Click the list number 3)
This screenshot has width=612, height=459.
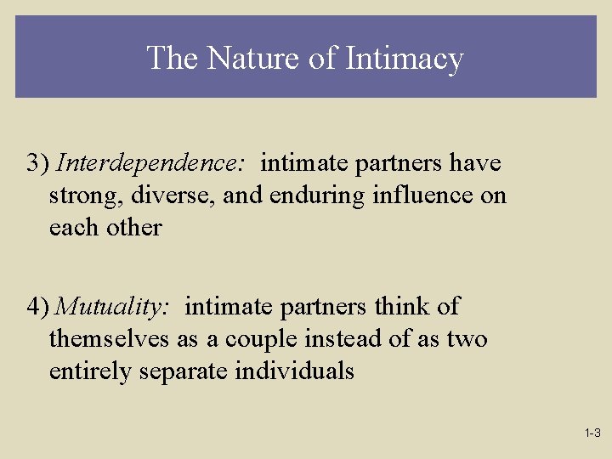tap(38, 161)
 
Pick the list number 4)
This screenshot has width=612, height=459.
tap(38, 306)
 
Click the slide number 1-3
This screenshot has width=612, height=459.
tap(592, 433)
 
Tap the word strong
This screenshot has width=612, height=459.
tap(82, 195)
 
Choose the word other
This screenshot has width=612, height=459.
tap(135, 227)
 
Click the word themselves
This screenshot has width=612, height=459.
tap(110, 338)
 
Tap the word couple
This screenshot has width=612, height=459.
tap(259, 339)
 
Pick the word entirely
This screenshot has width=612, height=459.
tap(89, 371)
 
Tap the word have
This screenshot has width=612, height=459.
tap(475, 161)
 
